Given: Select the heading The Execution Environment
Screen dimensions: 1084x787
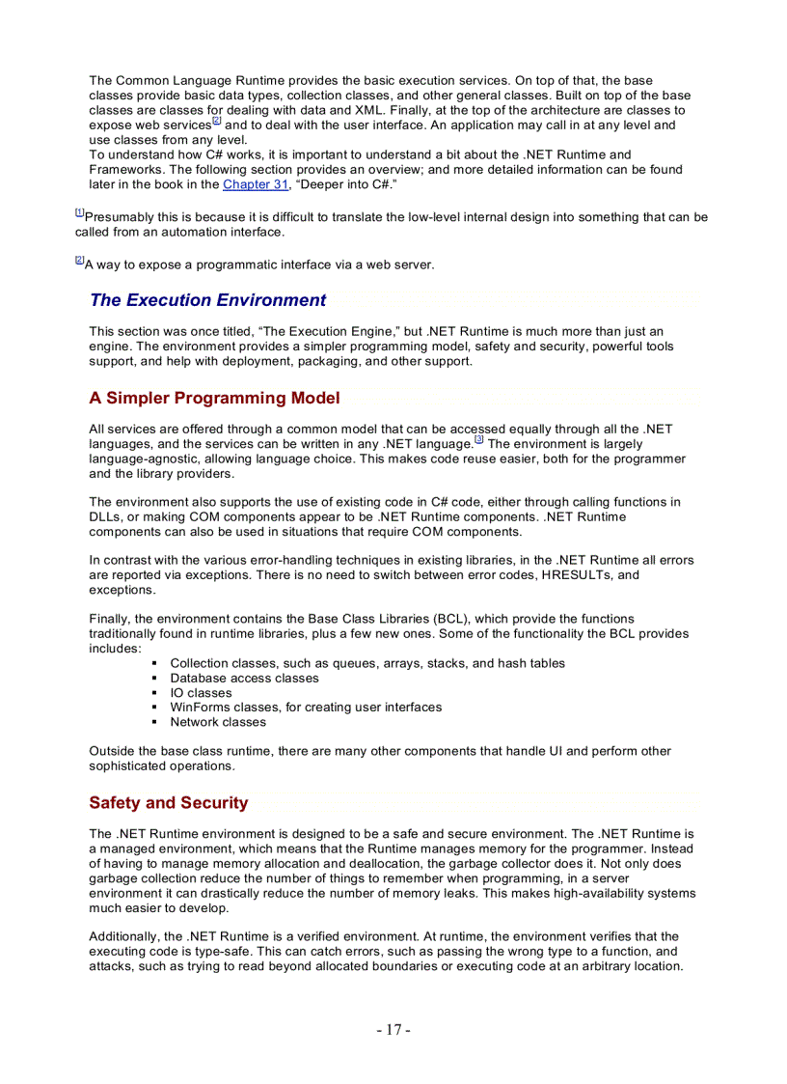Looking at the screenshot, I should tap(207, 300).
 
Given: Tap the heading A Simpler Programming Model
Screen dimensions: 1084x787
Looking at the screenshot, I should tap(214, 399).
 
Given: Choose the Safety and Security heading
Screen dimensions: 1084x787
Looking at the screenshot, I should tap(168, 803).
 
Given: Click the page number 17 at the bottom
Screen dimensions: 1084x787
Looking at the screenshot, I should tap(393, 1030).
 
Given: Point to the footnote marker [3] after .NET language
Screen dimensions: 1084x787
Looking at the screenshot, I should tap(479, 440).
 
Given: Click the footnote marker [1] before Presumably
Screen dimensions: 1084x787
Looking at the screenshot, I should tap(79, 212).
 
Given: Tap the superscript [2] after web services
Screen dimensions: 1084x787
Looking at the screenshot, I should tap(216, 122).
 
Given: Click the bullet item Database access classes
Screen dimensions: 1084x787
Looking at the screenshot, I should tap(244, 679).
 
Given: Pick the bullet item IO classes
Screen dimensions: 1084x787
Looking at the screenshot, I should tap(201, 693).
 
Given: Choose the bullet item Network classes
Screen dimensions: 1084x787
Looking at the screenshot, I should tap(218, 722).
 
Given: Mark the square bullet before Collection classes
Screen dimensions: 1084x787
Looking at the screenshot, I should tap(155, 664).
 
